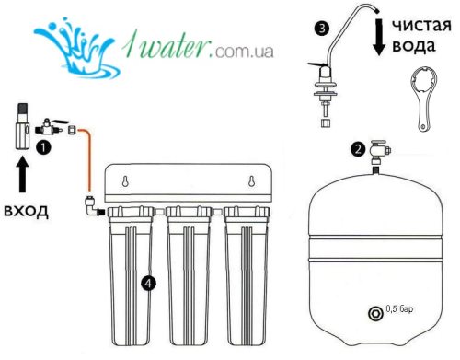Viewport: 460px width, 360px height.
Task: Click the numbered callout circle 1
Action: click(43, 147)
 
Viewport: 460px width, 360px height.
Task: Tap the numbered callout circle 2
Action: click(358, 149)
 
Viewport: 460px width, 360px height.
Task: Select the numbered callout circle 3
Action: click(322, 29)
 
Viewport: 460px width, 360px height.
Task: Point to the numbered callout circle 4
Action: click(148, 284)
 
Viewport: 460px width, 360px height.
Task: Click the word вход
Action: click(26, 212)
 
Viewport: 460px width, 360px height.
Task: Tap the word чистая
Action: click(421, 25)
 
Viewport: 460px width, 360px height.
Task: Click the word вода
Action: click(414, 46)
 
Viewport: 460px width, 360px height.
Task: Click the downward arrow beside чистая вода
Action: click(379, 37)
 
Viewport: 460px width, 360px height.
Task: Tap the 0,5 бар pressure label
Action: click(399, 308)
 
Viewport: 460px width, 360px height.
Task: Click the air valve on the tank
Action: click(375, 313)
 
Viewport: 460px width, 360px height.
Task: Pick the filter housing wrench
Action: click(424, 99)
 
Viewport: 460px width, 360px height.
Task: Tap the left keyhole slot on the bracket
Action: click(125, 181)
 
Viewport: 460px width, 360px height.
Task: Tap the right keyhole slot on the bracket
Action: click(251, 181)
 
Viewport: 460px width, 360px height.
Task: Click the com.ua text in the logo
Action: click(244, 51)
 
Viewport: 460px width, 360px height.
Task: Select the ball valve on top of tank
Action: click(380, 153)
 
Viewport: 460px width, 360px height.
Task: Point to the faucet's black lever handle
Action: click(316, 64)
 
